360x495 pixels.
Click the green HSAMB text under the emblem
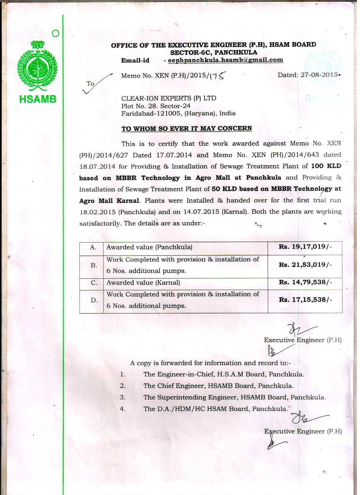pos(38,99)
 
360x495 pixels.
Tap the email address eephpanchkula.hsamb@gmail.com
pos(225,60)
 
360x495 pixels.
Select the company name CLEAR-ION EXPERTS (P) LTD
pos(169,99)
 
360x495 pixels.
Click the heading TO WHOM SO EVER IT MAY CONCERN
pos(186,129)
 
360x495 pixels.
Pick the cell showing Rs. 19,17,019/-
pos(305,247)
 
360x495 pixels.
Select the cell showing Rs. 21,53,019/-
pos(305,265)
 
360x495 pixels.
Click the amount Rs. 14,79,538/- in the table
pos(305,282)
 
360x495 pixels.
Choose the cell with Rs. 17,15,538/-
pos(305,300)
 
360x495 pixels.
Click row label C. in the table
pos(94,283)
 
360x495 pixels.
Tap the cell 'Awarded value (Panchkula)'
pos(149,247)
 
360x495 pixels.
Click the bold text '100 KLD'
pos(326,166)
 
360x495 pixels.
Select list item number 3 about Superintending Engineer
pos(234,398)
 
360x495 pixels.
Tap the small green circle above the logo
pos(56,33)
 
